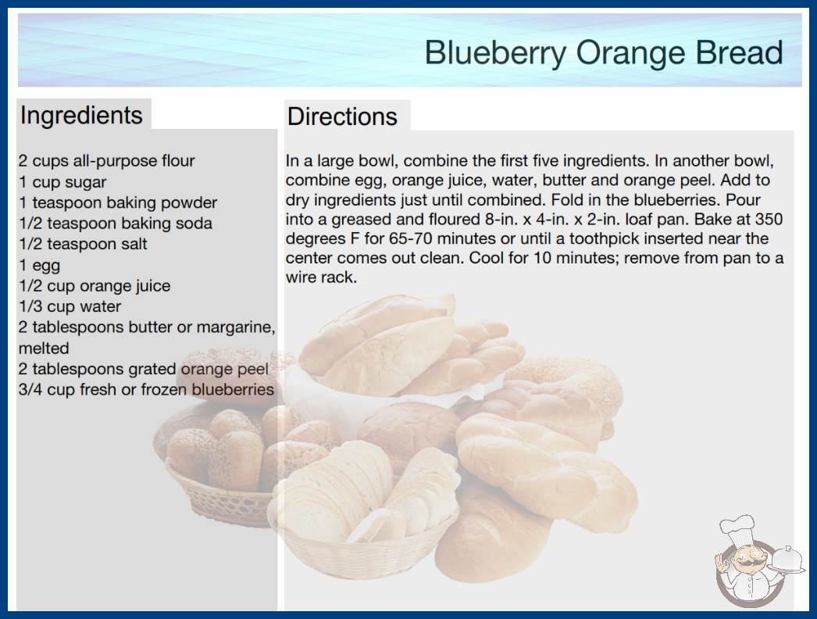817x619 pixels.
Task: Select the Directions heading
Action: tap(342, 116)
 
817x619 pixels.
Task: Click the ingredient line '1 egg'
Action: tap(40, 266)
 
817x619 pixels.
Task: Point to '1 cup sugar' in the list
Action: tap(62, 182)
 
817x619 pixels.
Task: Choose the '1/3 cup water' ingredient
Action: tap(70, 306)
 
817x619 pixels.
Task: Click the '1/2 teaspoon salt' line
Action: tap(83, 244)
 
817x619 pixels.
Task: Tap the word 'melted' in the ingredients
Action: tap(44, 348)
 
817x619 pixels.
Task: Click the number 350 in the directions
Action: tap(769, 219)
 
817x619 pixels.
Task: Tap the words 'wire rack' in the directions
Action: tap(321, 277)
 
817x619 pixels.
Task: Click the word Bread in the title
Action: tap(739, 52)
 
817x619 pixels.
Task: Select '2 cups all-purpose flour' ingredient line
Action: tap(106, 161)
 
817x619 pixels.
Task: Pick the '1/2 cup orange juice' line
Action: tap(95, 286)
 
